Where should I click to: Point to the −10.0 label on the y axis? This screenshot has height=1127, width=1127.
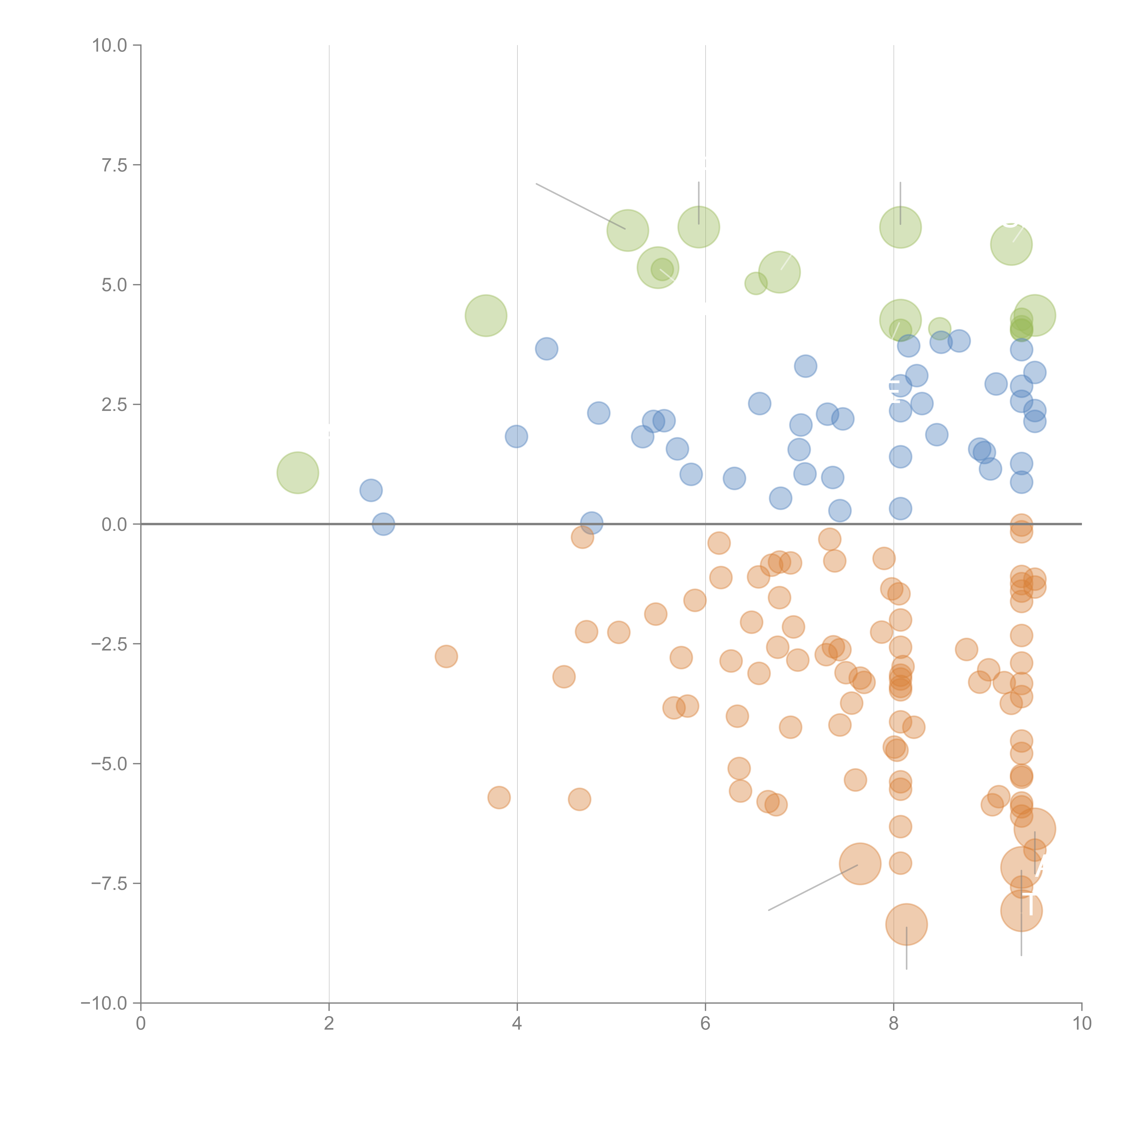pyautogui.click(x=104, y=1003)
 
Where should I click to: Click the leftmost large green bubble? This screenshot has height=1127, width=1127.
pyautogui.click(x=298, y=472)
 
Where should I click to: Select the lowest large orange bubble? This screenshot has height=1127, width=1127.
pyautogui.click(x=906, y=924)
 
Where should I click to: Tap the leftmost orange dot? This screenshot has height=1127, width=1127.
pyautogui.click(x=446, y=656)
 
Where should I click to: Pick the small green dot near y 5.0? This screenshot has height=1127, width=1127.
pyautogui.click(x=756, y=284)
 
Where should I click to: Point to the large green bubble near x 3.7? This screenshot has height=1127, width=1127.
pyautogui.click(x=486, y=316)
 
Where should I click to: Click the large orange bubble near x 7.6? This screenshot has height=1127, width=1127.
pyautogui.click(x=860, y=864)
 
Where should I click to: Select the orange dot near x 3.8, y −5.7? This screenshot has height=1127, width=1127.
pyautogui.click(x=499, y=797)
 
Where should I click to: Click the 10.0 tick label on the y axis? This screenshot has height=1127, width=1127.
pyautogui.click(x=110, y=46)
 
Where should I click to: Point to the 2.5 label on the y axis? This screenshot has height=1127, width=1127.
pyautogui.click(x=114, y=405)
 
